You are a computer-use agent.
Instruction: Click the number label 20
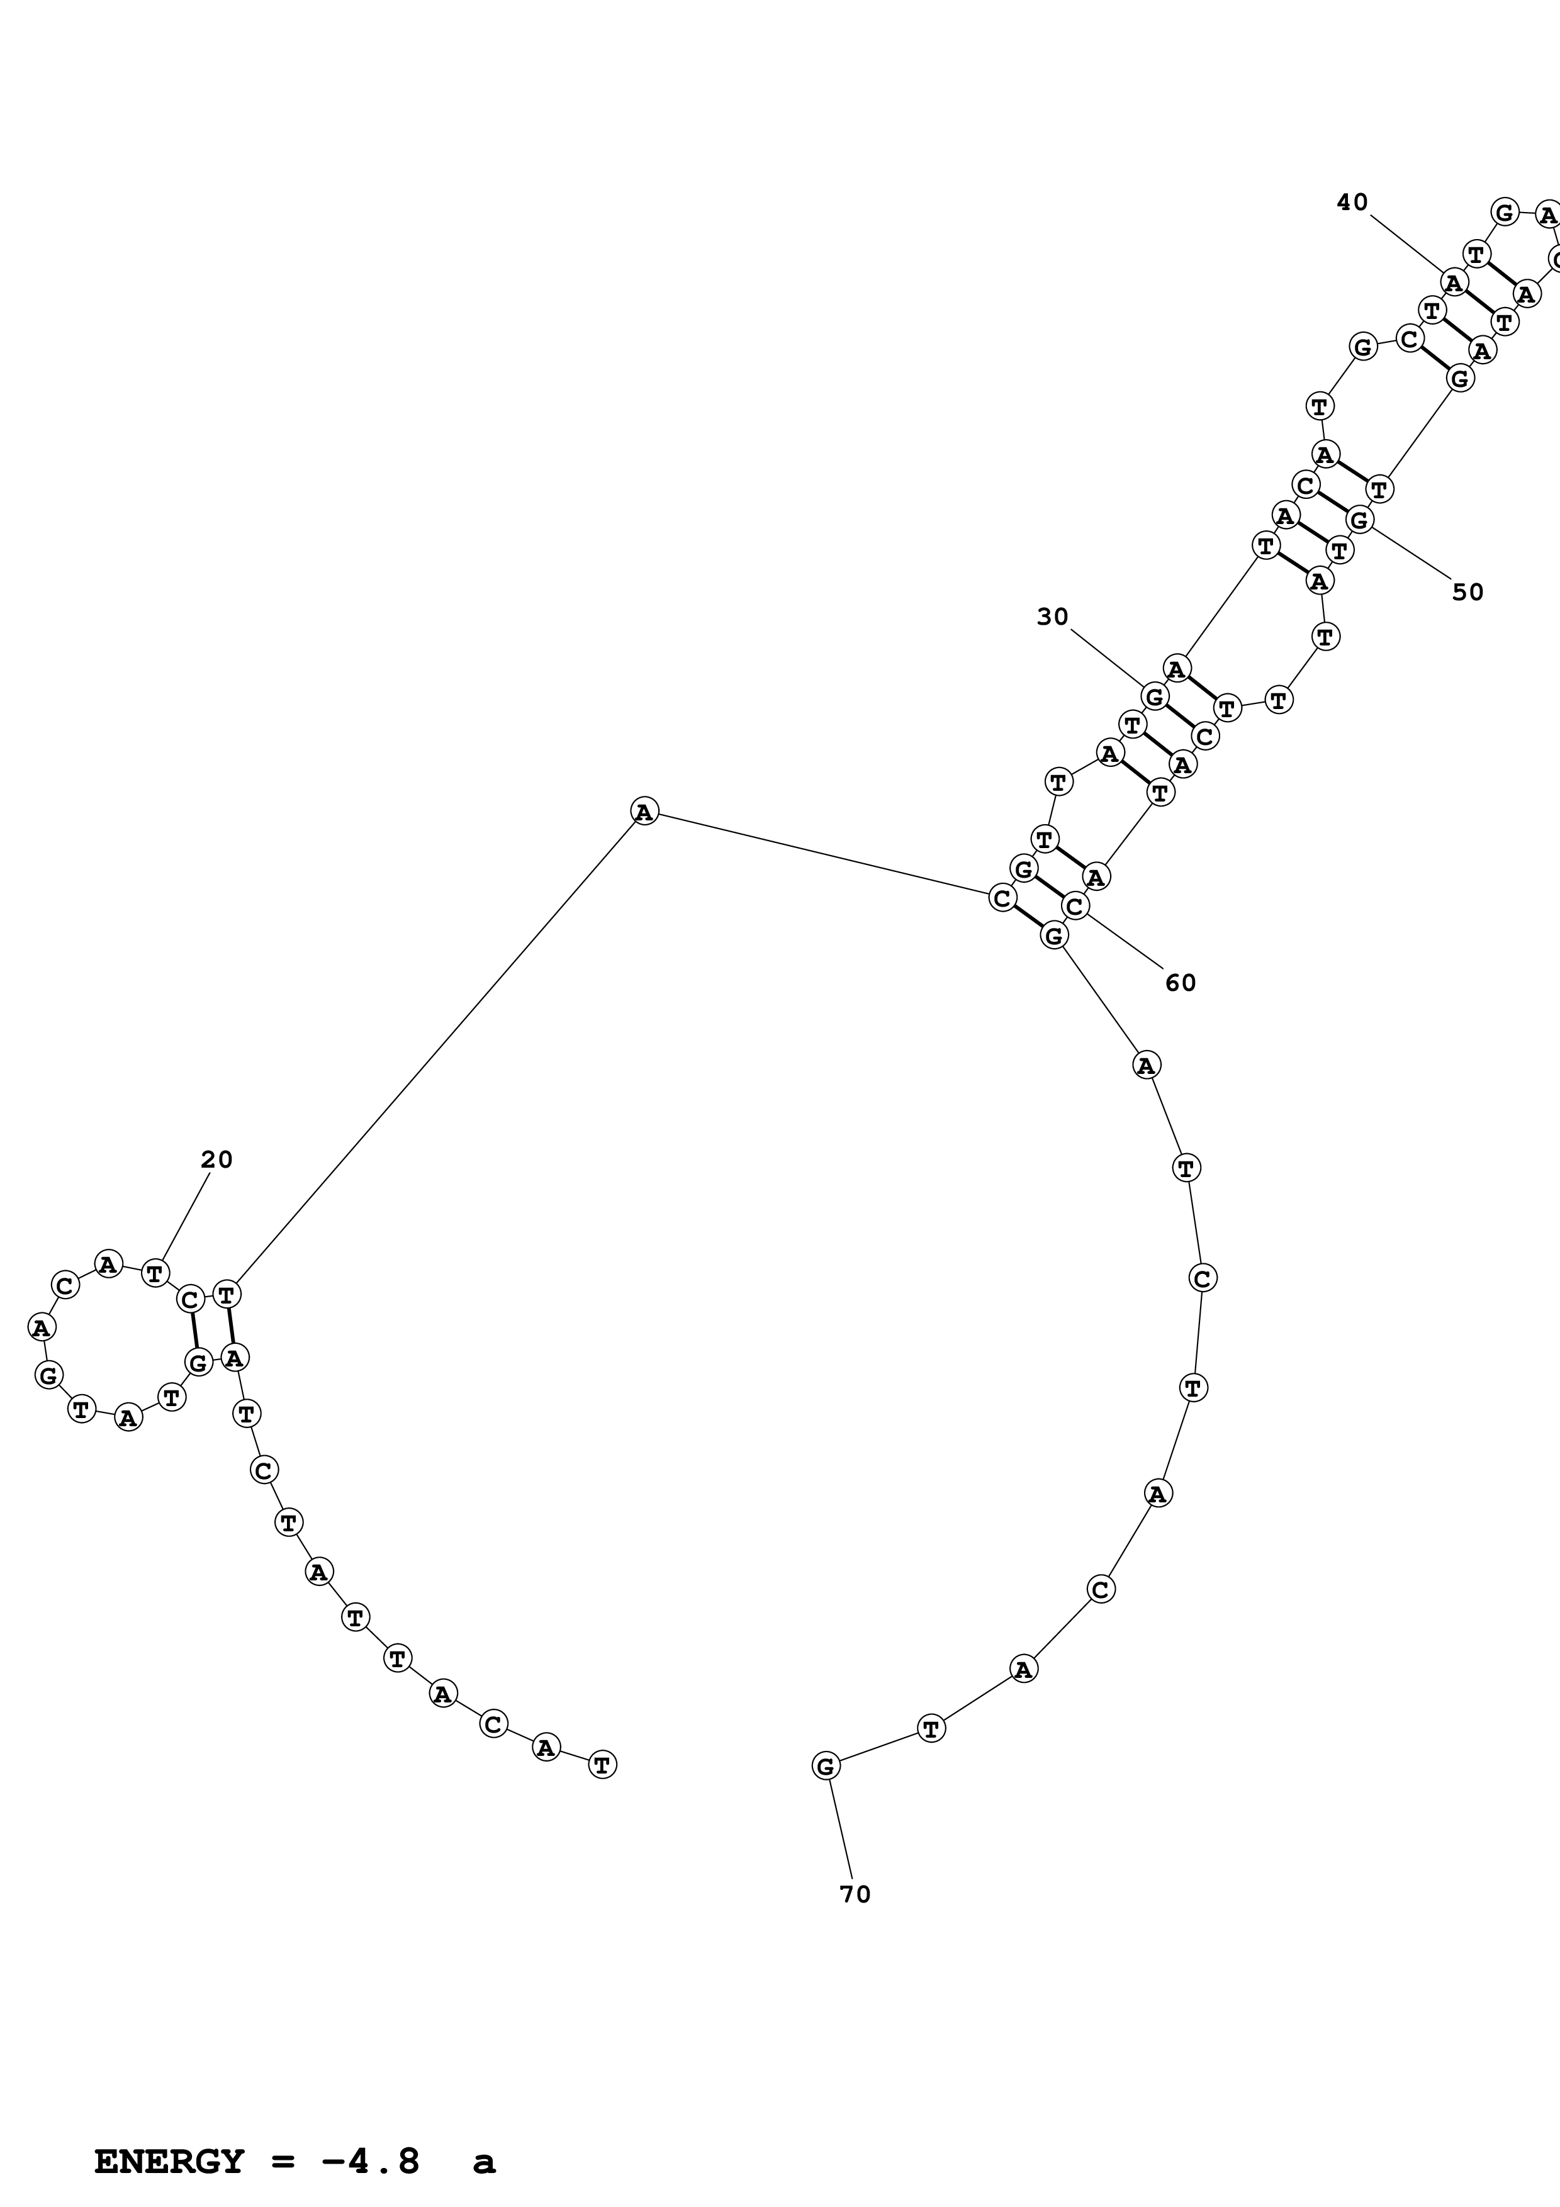pos(216,1160)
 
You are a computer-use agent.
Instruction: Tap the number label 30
pos(1053,617)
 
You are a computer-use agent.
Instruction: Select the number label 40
pos(1352,202)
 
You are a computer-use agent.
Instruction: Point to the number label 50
pos(1467,592)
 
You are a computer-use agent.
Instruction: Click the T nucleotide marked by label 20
pos(155,1273)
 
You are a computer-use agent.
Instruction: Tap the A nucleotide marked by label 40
pos(1453,282)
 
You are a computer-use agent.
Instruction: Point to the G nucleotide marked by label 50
pos(1359,520)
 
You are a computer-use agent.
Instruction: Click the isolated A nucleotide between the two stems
pos(644,812)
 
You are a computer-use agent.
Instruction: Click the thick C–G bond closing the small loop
pos(194,1331)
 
